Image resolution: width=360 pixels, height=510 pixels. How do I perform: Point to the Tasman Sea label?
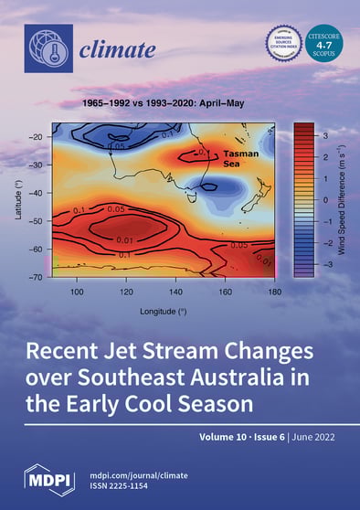coord(242,158)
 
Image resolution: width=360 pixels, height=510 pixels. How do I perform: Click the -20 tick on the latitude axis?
coord(38,137)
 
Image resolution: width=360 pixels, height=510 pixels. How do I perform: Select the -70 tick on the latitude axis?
coord(38,276)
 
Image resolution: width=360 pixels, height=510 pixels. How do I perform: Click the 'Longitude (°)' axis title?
coord(162,310)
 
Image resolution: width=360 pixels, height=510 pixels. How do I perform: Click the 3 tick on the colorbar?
coord(324,133)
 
